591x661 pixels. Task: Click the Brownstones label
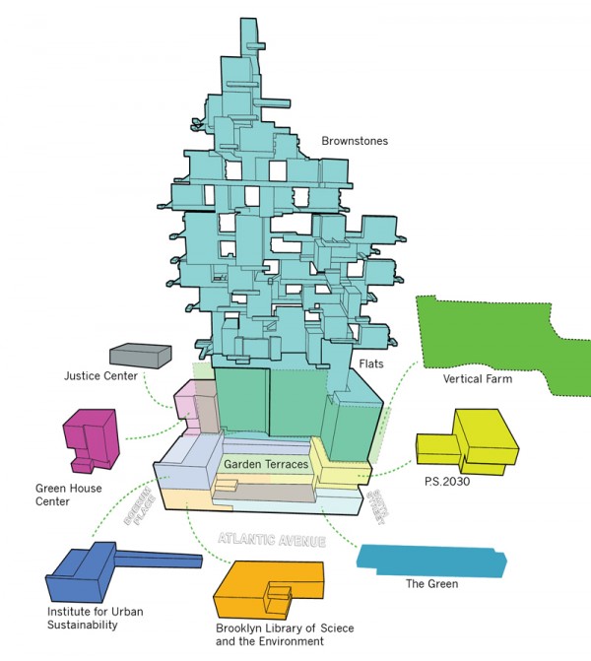pyautogui.click(x=355, y=141)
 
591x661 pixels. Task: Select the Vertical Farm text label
pyautogui.click(x=478, y=379)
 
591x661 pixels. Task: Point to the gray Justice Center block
pyautogui.click(x=140, y=357)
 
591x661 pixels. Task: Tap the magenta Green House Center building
pyautogui.click(x=91, y=438)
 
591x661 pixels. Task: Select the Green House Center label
pyautogui.click(x=68, y=494)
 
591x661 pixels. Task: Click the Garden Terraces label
pyautogui.click(x=266, y=464)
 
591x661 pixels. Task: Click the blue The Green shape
pyautogui.click(x=433, y=562)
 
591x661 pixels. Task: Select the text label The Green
pyautogui.click(x=431, y=584)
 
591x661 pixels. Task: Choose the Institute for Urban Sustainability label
pyautogui.click(x=83, y=618)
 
